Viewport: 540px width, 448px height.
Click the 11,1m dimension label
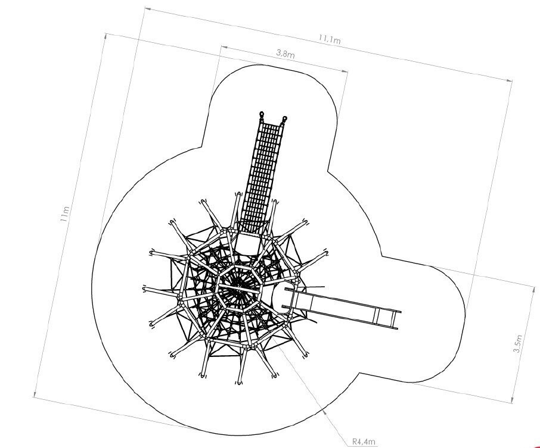tap(330, 39)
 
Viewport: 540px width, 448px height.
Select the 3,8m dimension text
tap(285, 54)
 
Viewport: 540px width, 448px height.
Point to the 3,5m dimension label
tap(517, 343)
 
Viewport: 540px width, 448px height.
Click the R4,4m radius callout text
tap(364, 441)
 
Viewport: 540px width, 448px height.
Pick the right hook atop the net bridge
tap(285, 120)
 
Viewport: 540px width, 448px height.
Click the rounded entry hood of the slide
tap(282, 297)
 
